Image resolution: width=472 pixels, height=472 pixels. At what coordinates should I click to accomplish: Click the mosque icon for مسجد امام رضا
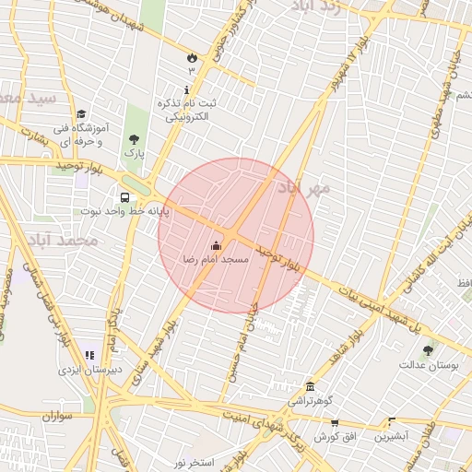click(x=217, y=246)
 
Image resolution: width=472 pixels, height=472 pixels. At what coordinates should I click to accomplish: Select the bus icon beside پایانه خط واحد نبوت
click(x=124, y=196)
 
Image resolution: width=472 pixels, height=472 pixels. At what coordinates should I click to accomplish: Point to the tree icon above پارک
click(x=135, y=137)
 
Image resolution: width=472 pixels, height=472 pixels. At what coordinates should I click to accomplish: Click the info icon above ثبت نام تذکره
click(x=188, y=90)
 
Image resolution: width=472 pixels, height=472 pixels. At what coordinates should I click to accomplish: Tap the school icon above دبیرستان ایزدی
click(x=89, y=355)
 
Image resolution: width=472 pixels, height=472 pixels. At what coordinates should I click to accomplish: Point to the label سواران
click(x=56, y=417)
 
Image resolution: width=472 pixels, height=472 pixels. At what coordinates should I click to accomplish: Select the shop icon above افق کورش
click(x=334, y=422)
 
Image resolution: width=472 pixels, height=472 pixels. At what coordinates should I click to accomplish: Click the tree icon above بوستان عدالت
click(x=427, y=351)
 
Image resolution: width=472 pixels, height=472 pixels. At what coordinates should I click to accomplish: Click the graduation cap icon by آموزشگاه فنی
click(x=81, y=113)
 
